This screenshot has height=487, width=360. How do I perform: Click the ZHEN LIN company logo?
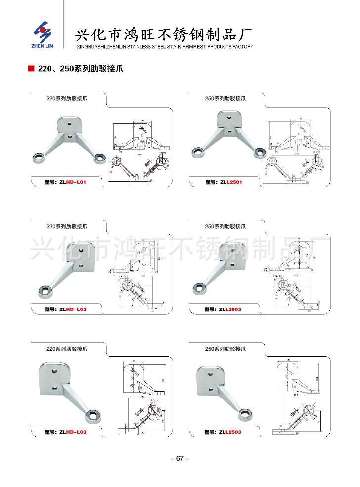(x=42, y=34)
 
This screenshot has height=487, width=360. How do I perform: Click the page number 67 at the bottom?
(x=180, y=458)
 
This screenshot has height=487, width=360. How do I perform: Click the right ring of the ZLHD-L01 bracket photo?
(x=100, y=157)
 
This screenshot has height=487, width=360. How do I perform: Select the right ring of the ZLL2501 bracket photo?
(x=259, y=152)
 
